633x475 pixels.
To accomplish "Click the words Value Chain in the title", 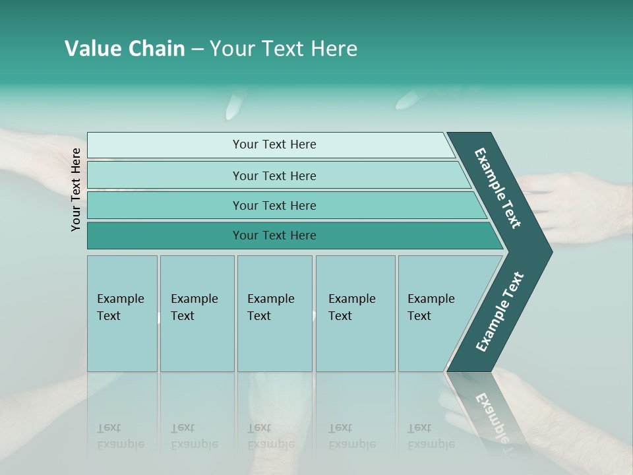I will pyautogui.click(x=125, y=49).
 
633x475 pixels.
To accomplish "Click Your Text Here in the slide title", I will pyautogui.click(x=284, y=49).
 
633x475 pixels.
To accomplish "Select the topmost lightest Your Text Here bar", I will pyautogui.click(x=274, y=144).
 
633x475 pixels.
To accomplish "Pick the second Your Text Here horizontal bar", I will pyautogui.click(x=274, y=175).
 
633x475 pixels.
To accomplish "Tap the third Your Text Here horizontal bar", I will pyautogui.click(x=274, y=205).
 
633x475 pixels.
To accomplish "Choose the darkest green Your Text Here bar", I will pyautogui.click(x=274, y=236).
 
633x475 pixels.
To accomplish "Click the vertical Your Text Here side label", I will pyautogui.click(x=76, y=189).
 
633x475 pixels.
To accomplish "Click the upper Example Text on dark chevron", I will pyautogui.click(x=498, y=188).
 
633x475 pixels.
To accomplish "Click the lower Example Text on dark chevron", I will pyautogui.click(x=499, y=312).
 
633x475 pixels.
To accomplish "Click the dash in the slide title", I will pyautogui.click(x=197, y=49).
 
